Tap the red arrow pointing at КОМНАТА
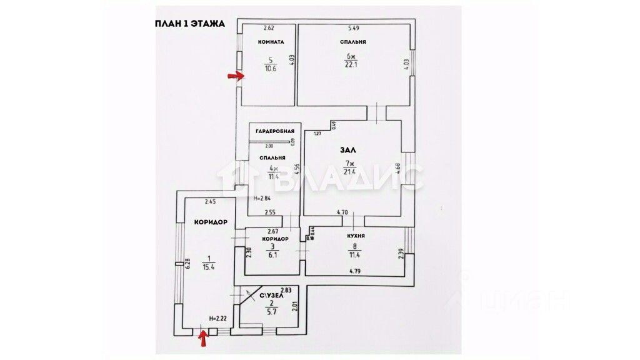(235, 76)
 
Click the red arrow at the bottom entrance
(202, 339)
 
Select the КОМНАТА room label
(271, 42)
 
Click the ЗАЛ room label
(347, 151)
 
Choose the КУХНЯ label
(356, 236)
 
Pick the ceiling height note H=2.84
(262, 198)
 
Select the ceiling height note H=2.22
(217, 319)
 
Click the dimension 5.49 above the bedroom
(354, 28)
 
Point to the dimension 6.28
(187, 265)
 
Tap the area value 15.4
(209, 266)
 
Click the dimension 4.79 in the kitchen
(356, 271)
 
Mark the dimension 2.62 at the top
(269, 28)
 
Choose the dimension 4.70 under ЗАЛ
(342, 212)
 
